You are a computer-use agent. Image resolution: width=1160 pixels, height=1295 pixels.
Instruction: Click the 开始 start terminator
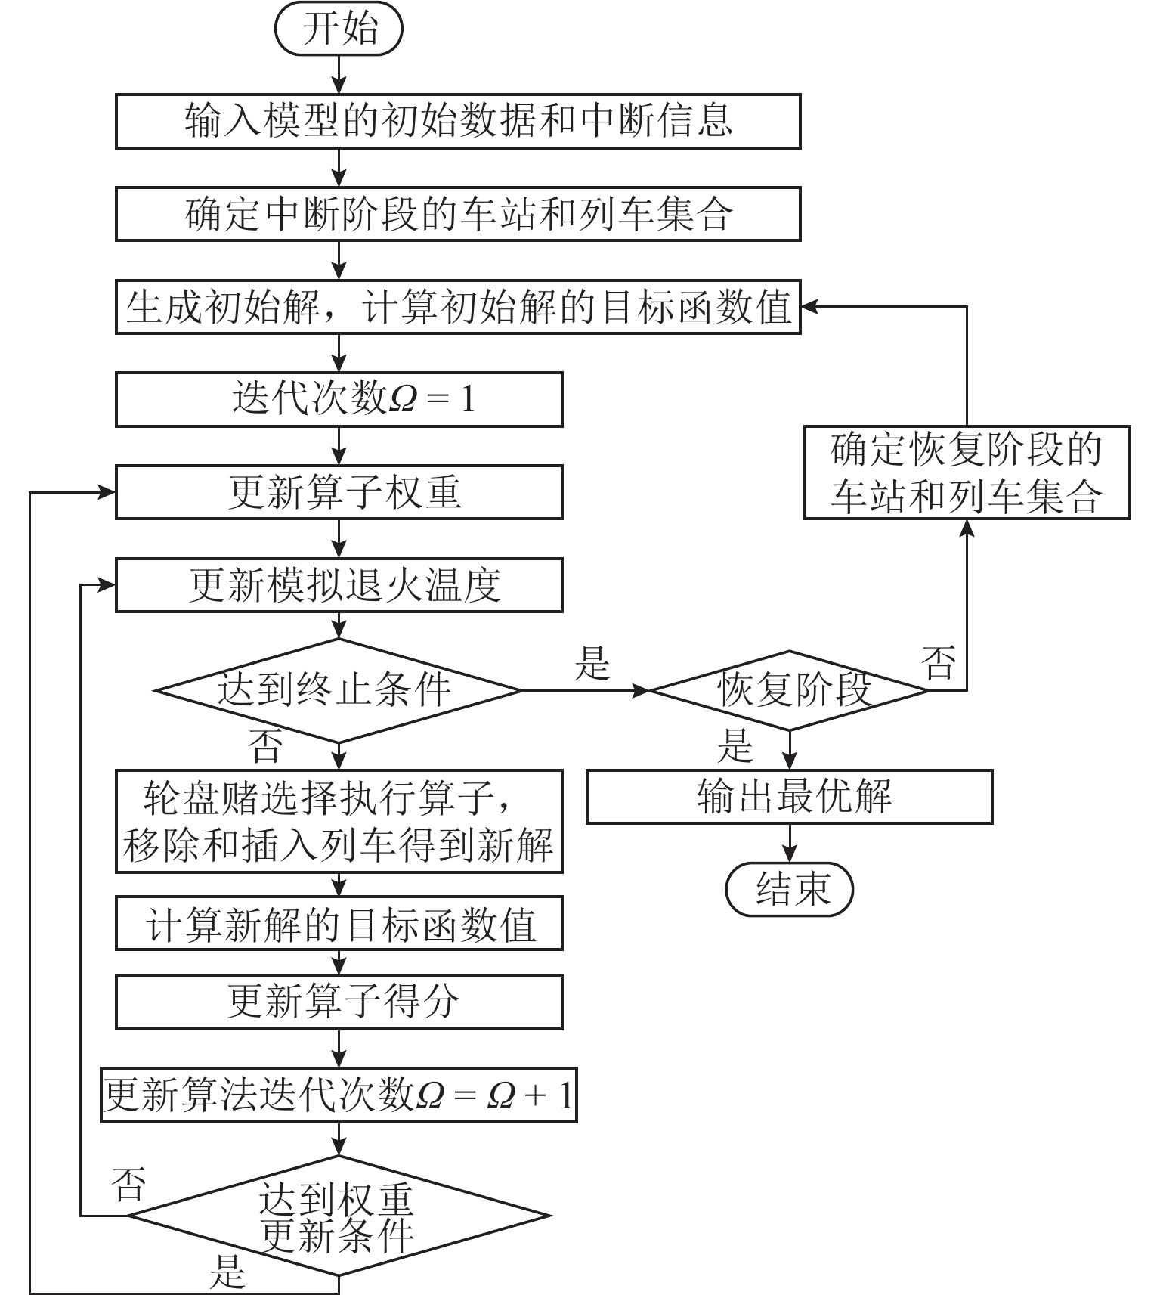[x=339, y=30]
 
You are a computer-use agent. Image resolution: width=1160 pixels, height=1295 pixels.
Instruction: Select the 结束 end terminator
[x=789, y=889]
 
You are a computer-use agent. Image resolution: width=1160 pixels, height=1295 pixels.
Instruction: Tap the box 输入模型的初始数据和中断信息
[x=457, y=121]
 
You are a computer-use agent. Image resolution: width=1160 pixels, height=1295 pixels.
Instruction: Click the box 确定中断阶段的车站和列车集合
[x=457, y=214]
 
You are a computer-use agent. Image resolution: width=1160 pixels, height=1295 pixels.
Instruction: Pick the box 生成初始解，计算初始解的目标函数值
[x=457, y=307]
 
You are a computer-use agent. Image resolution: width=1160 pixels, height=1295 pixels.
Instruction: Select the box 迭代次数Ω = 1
[x=339, y=399]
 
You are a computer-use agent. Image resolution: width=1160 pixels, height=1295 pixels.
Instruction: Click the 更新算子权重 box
[x=339, y=492]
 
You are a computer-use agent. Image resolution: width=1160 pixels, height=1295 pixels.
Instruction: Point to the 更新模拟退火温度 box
[x=339, y=585]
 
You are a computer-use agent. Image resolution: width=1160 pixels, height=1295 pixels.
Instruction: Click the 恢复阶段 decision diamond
[x=789, y=690]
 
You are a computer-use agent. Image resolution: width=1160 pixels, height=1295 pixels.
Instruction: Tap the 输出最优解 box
[x=789, y=796]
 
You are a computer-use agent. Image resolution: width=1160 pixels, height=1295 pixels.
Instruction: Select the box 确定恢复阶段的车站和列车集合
[x=967, y=472]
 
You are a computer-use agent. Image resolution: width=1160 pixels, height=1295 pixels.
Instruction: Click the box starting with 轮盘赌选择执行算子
[x=339, y=821]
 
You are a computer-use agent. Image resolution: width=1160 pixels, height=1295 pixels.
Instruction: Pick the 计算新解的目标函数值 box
[x=339, y=923]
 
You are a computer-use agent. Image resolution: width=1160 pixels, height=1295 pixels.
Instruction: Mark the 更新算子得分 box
[x=339, y=1002]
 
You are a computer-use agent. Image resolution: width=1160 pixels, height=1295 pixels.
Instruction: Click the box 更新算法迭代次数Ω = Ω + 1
[x=339, y=1095]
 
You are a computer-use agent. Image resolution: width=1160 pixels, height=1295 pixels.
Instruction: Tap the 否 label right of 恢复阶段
[x=939, y=663]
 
